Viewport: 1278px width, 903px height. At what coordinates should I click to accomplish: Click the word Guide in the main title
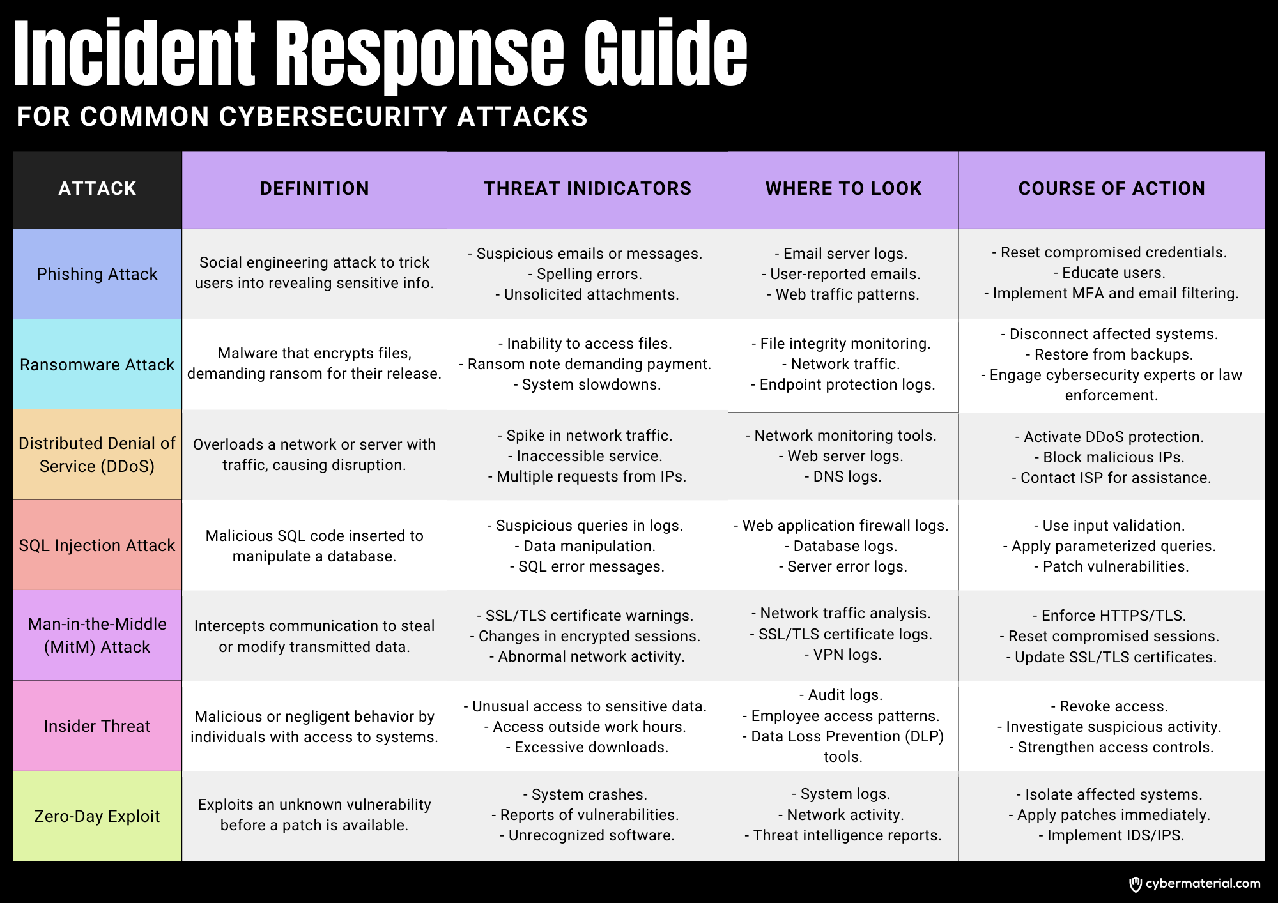click(x=665, y=54)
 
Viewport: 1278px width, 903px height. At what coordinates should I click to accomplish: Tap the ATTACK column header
click(x=97, y=188)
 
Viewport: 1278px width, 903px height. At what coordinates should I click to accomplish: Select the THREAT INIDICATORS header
click(x=587, y=188)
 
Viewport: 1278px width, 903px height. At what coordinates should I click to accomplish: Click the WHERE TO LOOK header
click(x=843, y=188)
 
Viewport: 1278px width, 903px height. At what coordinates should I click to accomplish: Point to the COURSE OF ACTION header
click(x=1112, y=188)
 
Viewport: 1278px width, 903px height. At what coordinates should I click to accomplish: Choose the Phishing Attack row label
click(x=97, y=274)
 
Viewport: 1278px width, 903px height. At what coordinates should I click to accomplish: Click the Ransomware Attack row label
click(x=97, y=365)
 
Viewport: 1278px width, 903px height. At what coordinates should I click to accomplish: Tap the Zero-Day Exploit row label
click(x=97, y=816)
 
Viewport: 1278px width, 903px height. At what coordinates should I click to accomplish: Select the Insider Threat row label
click(x=97, y=726)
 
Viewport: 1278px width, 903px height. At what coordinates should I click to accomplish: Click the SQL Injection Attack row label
click(x=97, y=545)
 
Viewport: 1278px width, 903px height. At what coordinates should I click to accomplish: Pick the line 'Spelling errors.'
click(x=585, y=274)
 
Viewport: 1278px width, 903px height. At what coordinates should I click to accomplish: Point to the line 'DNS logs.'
click(x=843, y=476)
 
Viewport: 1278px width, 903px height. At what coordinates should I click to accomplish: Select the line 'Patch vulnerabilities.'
click(x=1111, y=566)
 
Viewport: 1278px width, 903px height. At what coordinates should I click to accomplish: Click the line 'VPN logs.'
click(x=843, y=655)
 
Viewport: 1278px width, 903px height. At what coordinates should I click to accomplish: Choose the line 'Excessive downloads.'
click(x=587, y=747)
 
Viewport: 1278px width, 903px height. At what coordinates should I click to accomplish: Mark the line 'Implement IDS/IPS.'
click(x=1111, y=835)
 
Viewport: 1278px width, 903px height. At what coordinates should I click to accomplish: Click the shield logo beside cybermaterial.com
click(x=1136, y=884)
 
